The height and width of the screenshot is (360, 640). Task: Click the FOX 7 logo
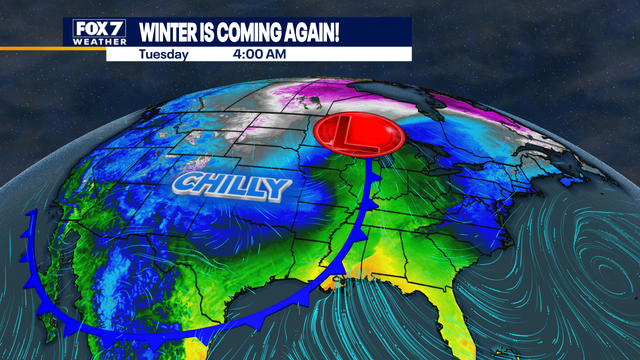98,33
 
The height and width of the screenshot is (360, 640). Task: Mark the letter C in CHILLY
184,184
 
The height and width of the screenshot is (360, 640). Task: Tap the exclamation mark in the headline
337,31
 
